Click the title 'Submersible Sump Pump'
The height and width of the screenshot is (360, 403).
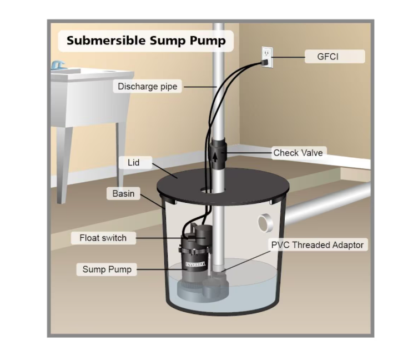pyautogui.click(x=146, y=41)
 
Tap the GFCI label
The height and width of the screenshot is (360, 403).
pyautogui.click(x=335, y=57)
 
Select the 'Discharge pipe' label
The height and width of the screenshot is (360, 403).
pyautogui.click(x=147, y=87)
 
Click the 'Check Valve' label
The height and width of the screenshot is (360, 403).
pyautogui.click(x=298, y=153)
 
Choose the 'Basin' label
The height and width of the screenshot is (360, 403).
pyautogui.click(x=123, y=194)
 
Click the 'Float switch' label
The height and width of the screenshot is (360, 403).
pyautogui.click(x=103, y=238)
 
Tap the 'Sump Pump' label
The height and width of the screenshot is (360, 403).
pyautogui.click(x=107, y=269)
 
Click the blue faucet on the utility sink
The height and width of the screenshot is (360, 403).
pyautogui.click(x=57, y=65)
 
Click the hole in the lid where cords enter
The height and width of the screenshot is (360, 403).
pyautogui.click(x=206, y=190)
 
